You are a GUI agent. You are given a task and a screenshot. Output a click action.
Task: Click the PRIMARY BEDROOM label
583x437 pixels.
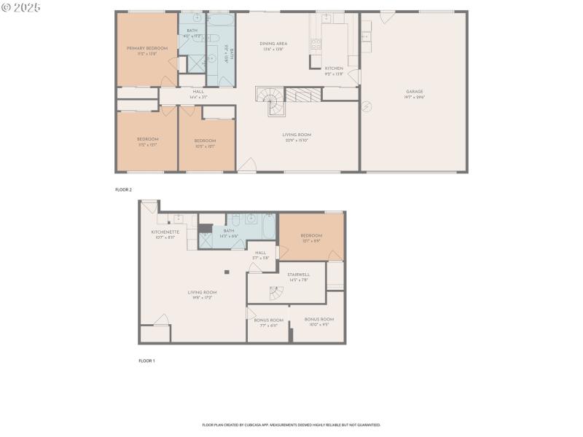tap(147, 48)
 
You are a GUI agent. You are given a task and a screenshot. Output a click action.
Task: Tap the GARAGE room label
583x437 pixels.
tap(415, 92)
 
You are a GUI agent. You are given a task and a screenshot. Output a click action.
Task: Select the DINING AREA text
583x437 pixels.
tap(273, 44)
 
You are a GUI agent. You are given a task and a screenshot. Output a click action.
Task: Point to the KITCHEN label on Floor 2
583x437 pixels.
tap(334, 68)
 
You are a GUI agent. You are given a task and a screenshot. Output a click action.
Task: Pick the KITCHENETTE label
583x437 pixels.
tap(165, 232)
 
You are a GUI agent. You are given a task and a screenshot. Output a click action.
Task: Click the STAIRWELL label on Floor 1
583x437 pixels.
tap(299, 275)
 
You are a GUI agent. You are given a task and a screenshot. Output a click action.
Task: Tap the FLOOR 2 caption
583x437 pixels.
tap(124, 189)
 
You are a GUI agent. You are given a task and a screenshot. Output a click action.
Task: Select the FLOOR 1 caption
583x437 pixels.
tap(146, 361)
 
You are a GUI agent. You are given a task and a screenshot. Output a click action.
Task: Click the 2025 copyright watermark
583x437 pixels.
tap(22, 7)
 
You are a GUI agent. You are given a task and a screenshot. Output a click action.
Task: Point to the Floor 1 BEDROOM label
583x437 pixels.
tap(311, 235)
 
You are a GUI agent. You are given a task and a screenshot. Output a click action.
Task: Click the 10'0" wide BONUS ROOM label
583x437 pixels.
tap(318, 320)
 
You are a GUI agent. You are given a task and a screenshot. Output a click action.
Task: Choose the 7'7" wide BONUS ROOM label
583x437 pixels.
tap(268, 320)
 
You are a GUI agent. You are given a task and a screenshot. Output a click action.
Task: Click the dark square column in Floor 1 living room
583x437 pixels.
tap(227, 272)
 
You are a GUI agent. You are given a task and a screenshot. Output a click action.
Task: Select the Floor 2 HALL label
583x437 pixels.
tap(198, 92)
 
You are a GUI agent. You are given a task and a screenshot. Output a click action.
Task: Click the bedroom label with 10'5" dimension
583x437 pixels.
tap(206, 141)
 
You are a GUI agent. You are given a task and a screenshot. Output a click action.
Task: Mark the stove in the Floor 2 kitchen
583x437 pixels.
tap(316, 43)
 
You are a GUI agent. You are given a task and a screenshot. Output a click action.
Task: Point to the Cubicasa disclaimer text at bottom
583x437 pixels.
tap(291, 425)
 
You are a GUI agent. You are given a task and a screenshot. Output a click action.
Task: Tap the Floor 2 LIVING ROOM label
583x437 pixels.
tap(297, 135)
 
